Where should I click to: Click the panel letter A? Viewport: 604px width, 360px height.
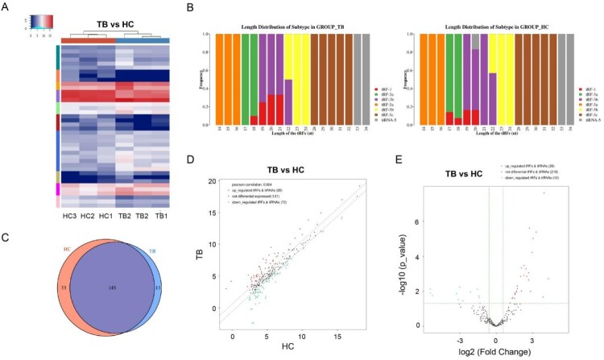(6, 7)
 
